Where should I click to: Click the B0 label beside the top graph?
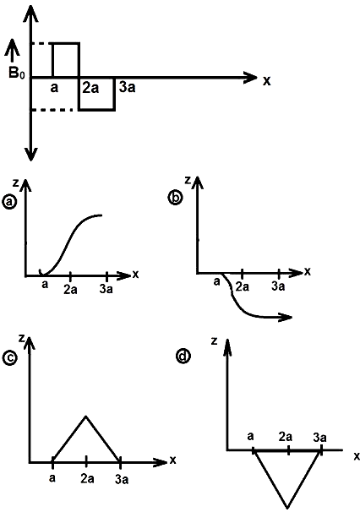click(16, 74)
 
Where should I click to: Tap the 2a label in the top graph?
click(90, 88)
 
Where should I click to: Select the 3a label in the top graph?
click(127, 87)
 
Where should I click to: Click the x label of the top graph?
click(266, 80)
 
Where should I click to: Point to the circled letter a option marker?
click(9, 202)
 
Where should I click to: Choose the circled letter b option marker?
click(175, 198)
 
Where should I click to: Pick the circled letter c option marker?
click(9, 357)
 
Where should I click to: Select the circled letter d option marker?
click(183, 356)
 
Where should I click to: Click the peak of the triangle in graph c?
click(85, 416)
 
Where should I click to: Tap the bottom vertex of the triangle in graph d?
click(287, 507)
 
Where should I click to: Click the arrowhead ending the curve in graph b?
click(286, 317)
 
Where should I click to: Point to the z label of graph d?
click(215, 341)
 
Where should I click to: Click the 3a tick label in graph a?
click(106, 289)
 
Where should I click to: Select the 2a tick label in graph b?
click(242, 286)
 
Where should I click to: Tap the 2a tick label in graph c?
click(87, 479)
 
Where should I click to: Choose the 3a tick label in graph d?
click(319, 437)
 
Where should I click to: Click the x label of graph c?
click(172, 460)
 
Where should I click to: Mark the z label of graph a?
click(15, 182)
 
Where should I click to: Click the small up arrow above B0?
click(13, 51)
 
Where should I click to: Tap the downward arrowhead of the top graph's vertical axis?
click(30, 154)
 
